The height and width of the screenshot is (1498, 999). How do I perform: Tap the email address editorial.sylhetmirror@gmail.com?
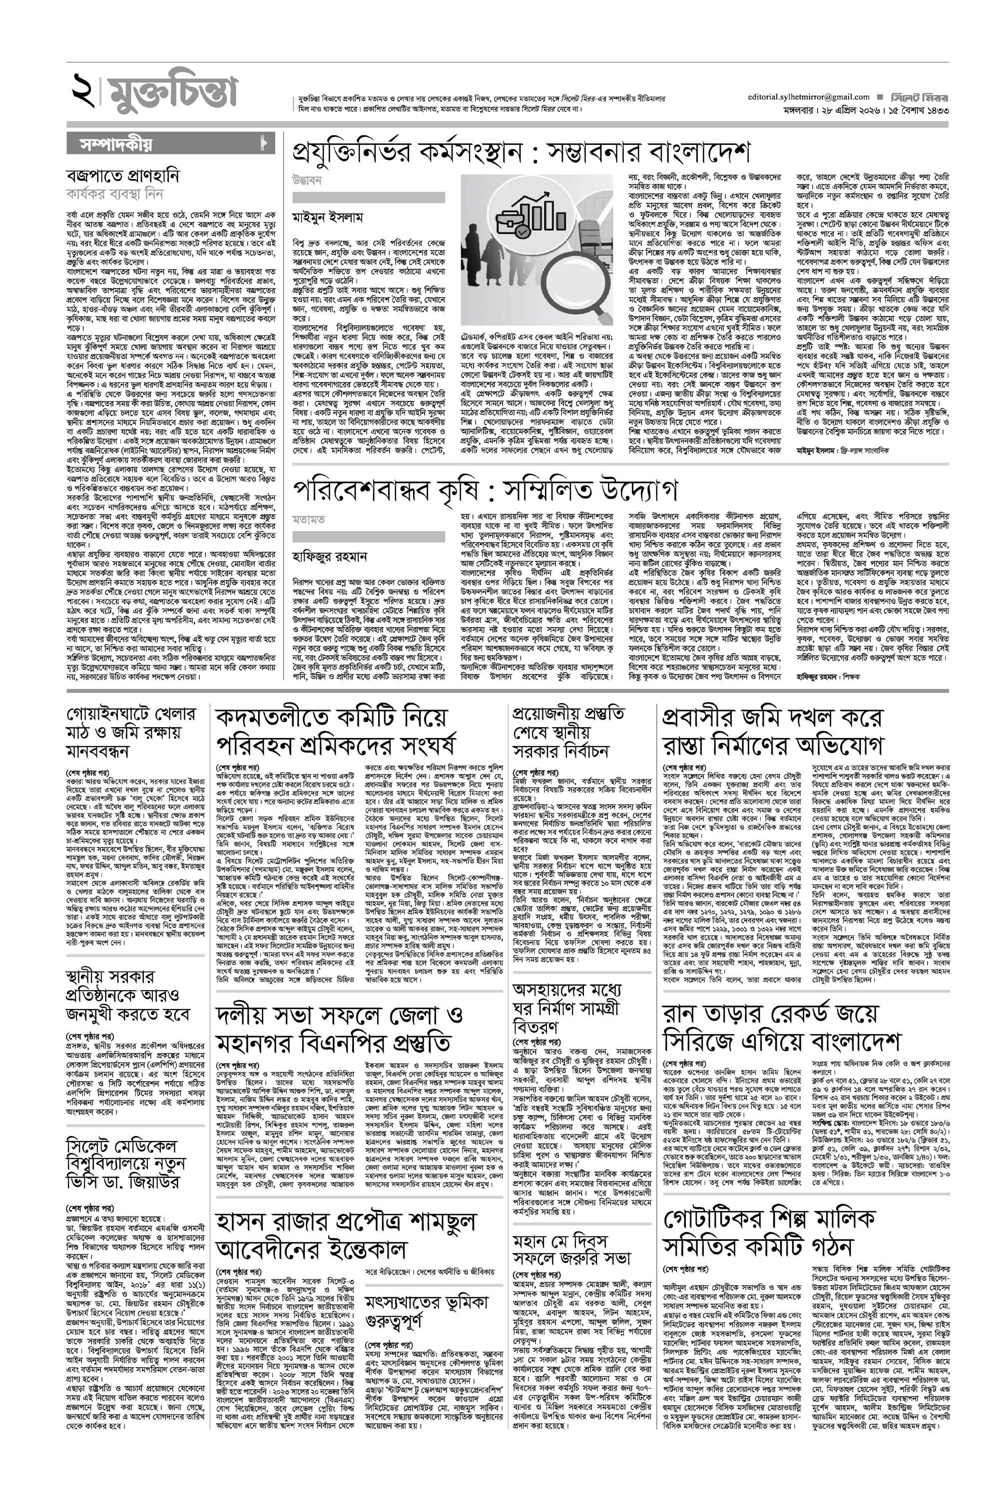tap(809, 97)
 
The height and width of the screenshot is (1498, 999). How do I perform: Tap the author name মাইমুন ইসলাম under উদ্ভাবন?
tap(328, 217)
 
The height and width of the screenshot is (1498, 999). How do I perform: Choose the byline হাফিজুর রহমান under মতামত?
tap(330, 556)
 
